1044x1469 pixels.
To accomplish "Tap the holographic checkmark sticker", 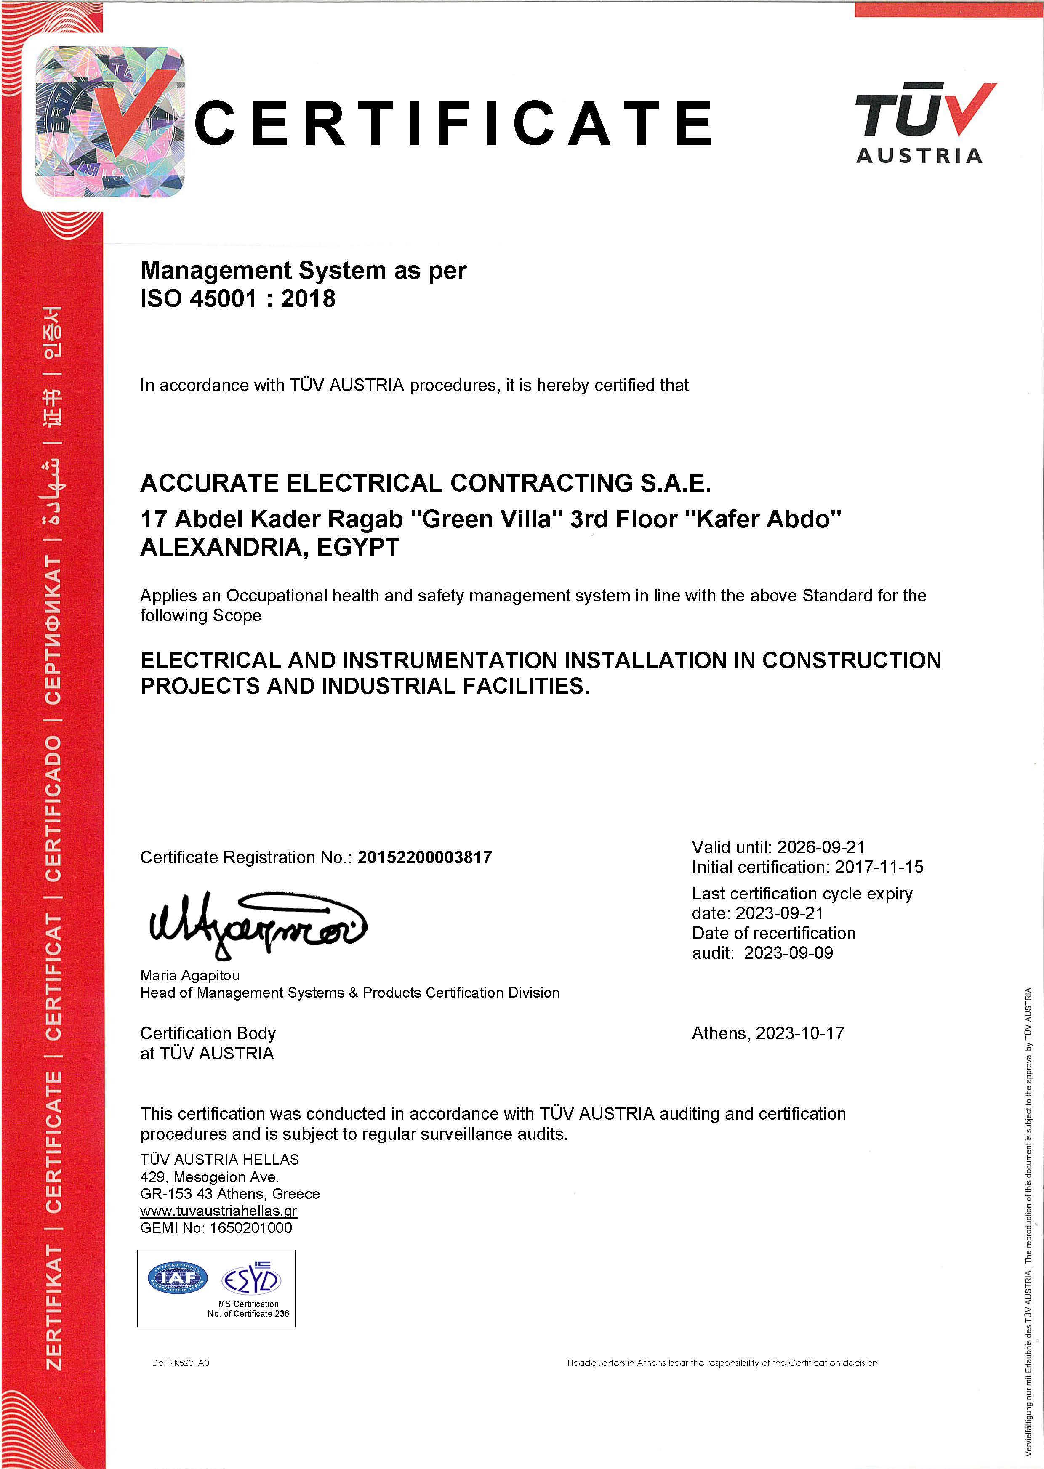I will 109,122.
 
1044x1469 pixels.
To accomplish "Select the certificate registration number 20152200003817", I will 424,857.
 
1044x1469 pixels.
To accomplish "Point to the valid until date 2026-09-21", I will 820,847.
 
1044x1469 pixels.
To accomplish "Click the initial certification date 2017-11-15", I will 879,867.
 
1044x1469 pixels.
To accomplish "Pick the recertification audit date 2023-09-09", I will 788,953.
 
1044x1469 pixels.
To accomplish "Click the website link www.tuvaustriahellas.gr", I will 218,1211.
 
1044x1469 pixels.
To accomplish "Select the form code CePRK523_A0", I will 180,1363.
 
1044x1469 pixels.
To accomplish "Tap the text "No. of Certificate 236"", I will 248,1314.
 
